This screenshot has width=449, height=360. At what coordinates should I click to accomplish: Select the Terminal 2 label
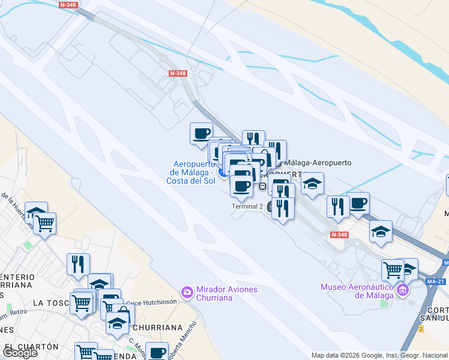click(247, 206)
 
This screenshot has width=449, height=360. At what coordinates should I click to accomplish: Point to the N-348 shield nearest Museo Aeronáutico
click(339, 235)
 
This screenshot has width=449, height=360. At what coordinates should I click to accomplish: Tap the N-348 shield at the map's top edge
click(68, 4)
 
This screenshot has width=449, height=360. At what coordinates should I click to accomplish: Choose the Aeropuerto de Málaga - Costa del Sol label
click(193, 172)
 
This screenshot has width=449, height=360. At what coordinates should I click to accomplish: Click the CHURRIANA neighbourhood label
click(157, 328)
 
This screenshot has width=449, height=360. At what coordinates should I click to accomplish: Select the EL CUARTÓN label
click(31, 347)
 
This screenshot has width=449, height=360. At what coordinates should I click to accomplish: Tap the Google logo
click(20, 353)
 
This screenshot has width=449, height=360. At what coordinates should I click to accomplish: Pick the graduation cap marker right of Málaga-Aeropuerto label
click(312, 183)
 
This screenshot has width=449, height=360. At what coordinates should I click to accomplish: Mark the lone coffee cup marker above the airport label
click(202, 133)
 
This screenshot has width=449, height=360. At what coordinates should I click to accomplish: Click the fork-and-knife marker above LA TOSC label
click(78, 264)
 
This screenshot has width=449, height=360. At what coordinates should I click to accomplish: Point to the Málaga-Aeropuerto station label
click(317, 163)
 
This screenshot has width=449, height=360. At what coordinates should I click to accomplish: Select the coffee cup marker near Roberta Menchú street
click(157, 352)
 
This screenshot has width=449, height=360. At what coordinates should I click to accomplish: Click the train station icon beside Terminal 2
click(262, 187)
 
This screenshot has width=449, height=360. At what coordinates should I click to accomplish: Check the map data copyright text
click(379, 355)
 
